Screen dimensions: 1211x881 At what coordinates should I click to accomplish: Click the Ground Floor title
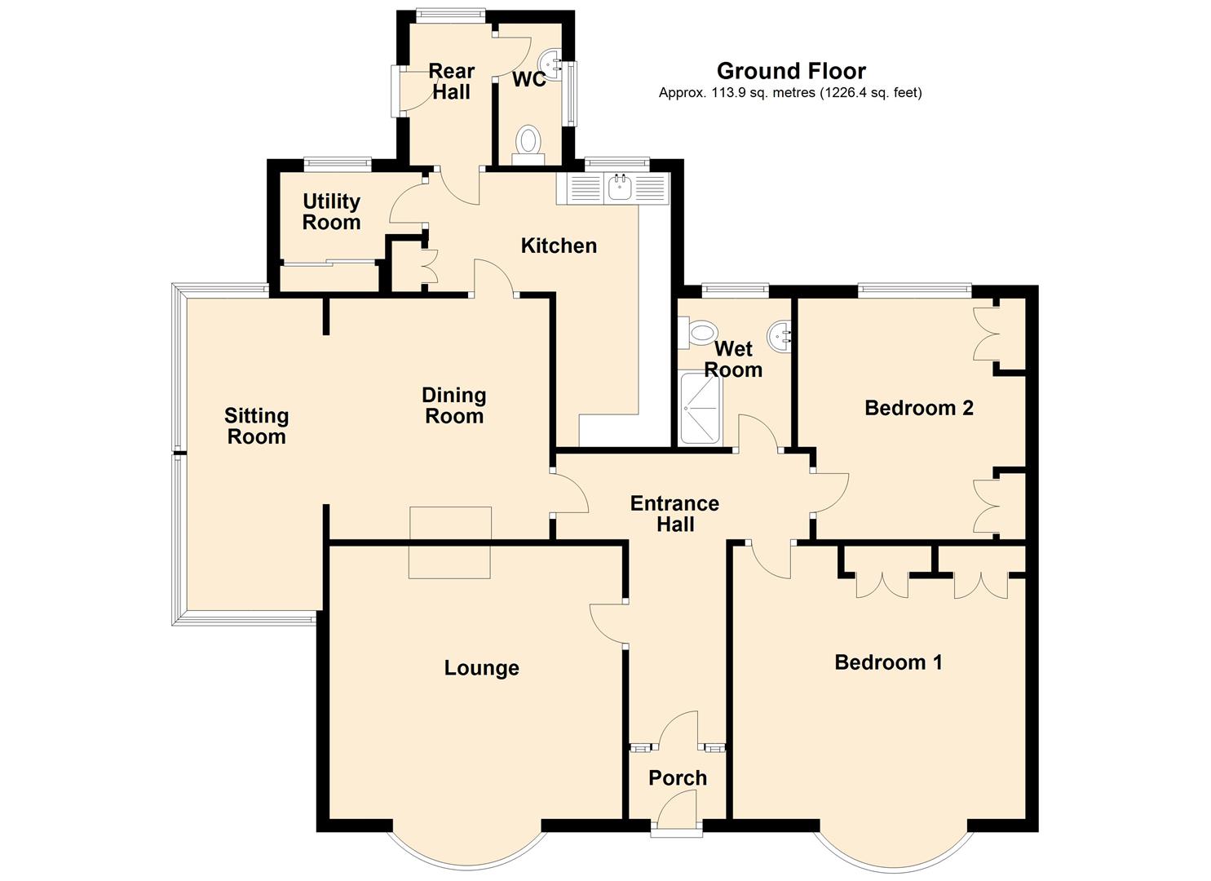(791, 71)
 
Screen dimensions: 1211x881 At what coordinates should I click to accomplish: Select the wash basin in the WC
(551, 65)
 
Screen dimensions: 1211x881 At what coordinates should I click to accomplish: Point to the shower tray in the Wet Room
(701, 409)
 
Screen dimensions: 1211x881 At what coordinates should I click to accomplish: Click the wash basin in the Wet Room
(779, 336)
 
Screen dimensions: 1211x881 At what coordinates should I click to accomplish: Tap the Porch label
(678, 777)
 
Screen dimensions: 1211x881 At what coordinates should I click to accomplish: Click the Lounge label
(482, 668)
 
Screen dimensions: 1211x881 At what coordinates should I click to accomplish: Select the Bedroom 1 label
(888, 662)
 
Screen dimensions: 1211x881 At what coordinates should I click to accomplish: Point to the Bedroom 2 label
(919, 408)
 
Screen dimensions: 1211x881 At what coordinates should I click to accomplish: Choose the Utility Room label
(331, 211)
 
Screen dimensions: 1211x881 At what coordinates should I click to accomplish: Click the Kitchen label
(559, 246)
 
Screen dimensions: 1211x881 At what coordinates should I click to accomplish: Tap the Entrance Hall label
(674, 514)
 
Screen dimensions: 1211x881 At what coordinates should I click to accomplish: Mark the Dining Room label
(454, 405)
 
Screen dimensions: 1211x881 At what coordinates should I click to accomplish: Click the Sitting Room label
(256, 426)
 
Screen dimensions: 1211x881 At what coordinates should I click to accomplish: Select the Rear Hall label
(452, 81)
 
